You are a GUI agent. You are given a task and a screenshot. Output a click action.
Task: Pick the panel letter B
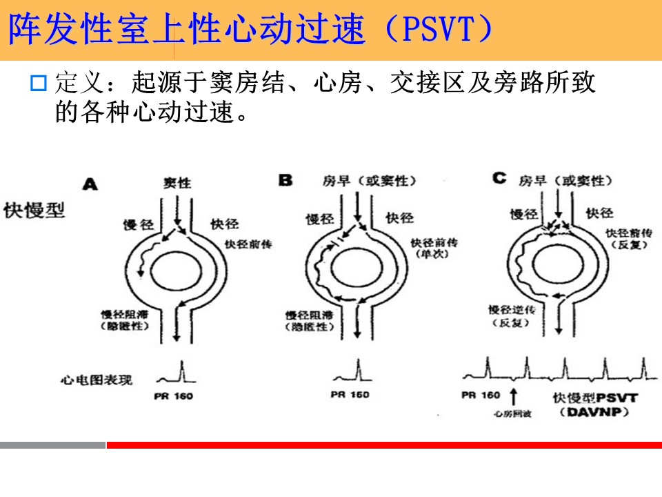(285, 180)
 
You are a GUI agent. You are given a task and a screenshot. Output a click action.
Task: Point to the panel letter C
(499, 179)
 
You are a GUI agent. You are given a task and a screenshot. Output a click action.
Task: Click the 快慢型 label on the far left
(34, 209)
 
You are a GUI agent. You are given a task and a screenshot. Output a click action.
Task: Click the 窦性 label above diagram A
(177, 183)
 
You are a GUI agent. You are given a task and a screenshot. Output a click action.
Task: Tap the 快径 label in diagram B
(400, 217)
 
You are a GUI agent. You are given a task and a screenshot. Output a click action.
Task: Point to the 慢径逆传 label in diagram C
(512, 309)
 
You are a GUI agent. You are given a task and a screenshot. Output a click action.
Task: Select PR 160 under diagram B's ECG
(350, 394)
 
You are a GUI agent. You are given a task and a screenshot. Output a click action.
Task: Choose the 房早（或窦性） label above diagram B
(370, 181)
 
